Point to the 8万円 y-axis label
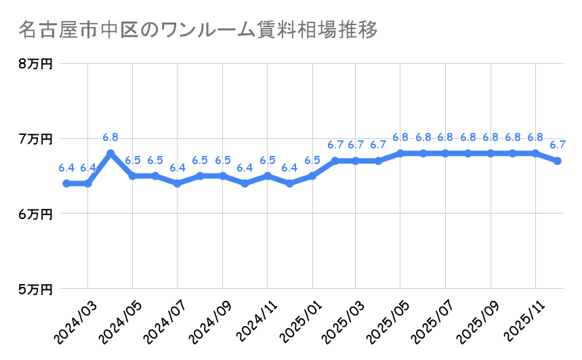click(x=35, y=64)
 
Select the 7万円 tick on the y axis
click(x=35, y=139)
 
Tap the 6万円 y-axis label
click(x=35, y=214)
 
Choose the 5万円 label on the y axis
click(x=35, y=289)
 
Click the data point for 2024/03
click(x=88, y=184)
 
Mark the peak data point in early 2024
click(x=110, y=153)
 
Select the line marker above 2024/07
click(x=178, y=184)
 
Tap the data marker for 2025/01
click(x=312, y=176)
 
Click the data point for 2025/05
click(x=401, y=153)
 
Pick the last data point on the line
click(x=558, y=161)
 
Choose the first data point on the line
click(x=66, y=184)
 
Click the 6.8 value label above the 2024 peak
click(x=110, y=138)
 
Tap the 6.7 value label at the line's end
click(x=558, y=145)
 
